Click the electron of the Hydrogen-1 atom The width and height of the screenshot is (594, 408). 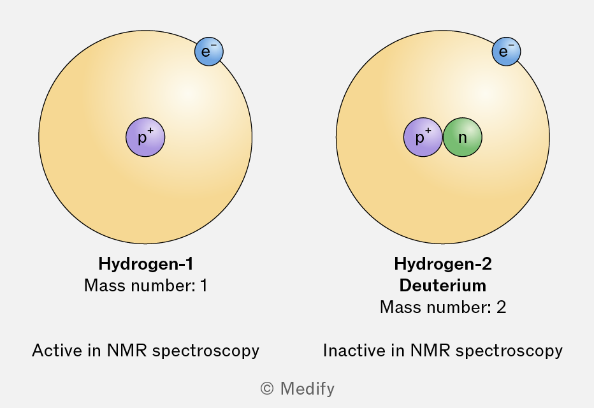(x=209, y=52)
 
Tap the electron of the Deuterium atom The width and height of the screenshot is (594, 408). (x=507, y=52)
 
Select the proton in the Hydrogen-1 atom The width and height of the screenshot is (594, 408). (x=145, y=137)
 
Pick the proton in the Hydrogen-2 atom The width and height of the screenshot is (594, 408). (x=423, y=137)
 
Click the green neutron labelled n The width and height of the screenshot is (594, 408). (x=463, y=137)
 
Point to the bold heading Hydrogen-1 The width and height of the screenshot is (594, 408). (x=145, y=264)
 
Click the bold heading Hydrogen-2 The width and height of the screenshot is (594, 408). (x=443, y=264)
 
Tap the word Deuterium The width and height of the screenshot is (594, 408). (x=443, y=285)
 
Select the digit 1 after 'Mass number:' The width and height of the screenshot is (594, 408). (x=203, y=286)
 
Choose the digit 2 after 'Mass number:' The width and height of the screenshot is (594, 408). (x=501, y=307)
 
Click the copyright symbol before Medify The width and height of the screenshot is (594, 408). (x=267, y=388)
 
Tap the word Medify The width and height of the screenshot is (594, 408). (x=307, y=388)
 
